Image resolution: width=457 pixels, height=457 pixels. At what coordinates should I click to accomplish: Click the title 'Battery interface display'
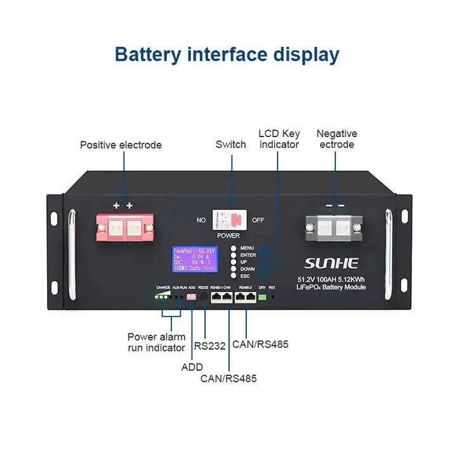coord(227,55)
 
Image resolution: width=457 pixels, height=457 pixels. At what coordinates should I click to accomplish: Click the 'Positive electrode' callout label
coord(121,145)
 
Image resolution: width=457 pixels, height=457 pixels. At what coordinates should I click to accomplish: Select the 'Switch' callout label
coord(230,144)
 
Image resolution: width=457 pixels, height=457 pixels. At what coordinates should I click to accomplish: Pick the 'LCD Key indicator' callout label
coord(279,139)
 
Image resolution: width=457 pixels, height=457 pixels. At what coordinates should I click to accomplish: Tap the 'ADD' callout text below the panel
coord(192,366)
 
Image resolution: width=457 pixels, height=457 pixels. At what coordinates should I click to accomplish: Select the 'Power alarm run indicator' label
coord(156,342)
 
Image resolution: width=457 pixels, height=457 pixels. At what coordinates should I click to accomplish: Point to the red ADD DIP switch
coord(191,296)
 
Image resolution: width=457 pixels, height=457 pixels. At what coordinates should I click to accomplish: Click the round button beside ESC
coord(234,276)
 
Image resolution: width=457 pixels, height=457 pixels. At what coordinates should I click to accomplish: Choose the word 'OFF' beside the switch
coord(258,220)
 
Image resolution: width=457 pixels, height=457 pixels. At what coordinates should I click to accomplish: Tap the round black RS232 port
coord(204,296)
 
